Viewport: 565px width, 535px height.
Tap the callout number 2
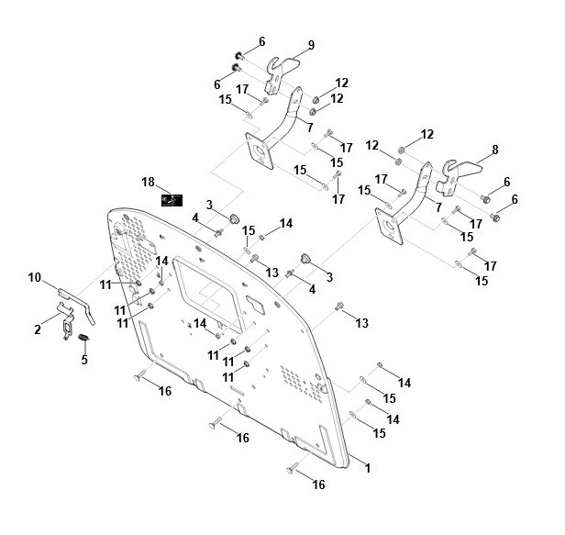coord(38,328)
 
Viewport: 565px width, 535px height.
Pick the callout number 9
coord(312,44)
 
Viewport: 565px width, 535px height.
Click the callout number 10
coord(35,277)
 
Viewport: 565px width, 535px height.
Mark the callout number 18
coord(146,183)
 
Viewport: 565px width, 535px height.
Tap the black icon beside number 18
coord(171,199)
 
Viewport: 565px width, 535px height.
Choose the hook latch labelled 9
coord(285,67)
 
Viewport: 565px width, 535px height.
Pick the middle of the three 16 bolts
coord(214,424)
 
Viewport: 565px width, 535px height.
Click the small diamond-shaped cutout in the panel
coord(256,303)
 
